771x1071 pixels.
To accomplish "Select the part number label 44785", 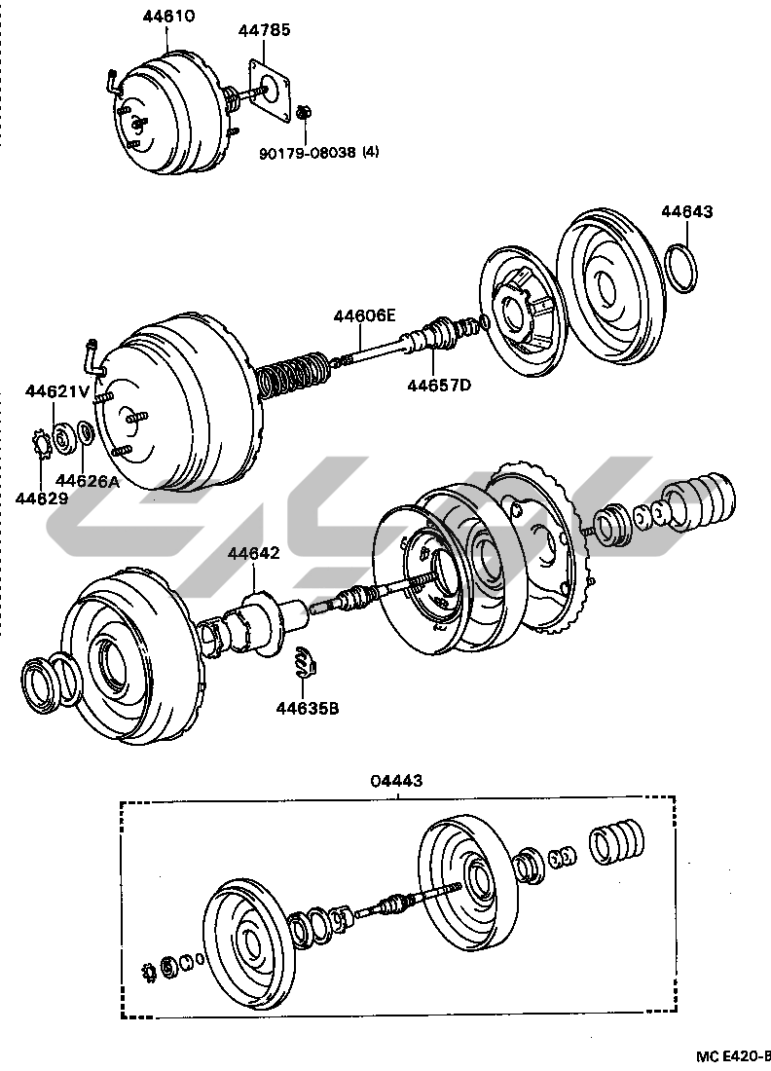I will (265, 31).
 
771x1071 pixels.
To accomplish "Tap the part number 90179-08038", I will (309, 153).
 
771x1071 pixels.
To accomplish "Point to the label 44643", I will (687, 211).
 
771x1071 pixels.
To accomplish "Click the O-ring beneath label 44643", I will (685, 269).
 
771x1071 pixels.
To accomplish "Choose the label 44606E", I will (365, 315).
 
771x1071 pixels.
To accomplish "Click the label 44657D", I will (438, 386).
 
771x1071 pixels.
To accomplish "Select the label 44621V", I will (57, 391).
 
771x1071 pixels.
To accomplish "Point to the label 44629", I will (42, 498).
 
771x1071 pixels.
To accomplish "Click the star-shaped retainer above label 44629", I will (40, 444).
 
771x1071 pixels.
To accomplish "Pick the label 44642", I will (254, 554).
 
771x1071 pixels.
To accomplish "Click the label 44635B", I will (307, 708).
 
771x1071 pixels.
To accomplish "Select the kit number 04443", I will (397, 781).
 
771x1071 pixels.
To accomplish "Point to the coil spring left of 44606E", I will (295, 376).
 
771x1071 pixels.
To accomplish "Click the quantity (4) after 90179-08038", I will (372, 153).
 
